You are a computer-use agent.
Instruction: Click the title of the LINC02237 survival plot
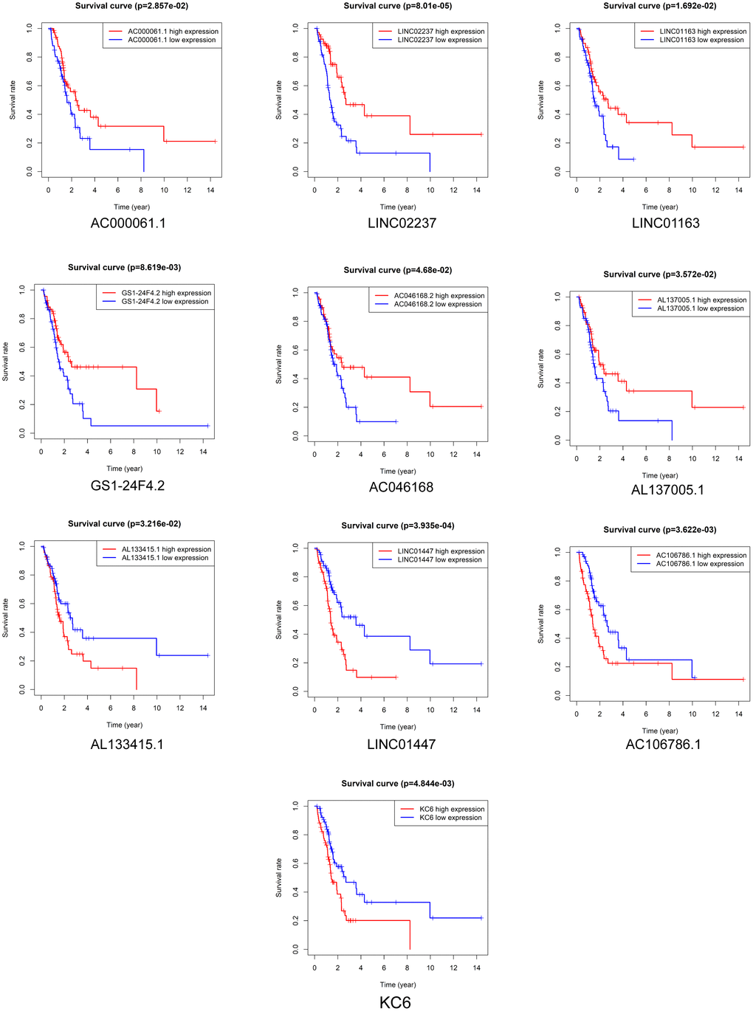pyautogui.click(x=398, y=6)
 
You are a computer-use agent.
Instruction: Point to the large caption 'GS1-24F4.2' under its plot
pyautogui.click(x=128, y=486)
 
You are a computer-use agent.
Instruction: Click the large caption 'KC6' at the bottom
pyautogui.click(x=395, y=1002)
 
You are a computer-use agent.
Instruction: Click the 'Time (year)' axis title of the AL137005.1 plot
pyautogui.click(x=660, y=475)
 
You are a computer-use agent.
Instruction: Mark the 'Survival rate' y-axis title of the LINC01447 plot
pyautogui.click(x=279, y=619)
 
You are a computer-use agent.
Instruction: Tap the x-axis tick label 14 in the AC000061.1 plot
pyautogui.click(x=210, y=190)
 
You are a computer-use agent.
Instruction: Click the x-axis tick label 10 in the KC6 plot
pyautogui.click(x=430, y=967)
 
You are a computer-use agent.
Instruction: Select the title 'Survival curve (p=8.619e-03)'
pyautogui.click(x=124, y=267)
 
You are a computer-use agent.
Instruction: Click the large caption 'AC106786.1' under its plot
pyautogui.click(x=663, y=745)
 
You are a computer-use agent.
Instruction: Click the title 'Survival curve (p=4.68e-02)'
pyautogui.click(x=398, y=270)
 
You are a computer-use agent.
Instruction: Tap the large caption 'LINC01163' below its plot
pyautogui.click(x=665, y=223)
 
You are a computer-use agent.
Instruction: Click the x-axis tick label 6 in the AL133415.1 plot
pyautogui.click(x=111, y=708)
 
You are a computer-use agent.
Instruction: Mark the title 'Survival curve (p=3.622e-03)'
pyautogui.click(x=660, y=530)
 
